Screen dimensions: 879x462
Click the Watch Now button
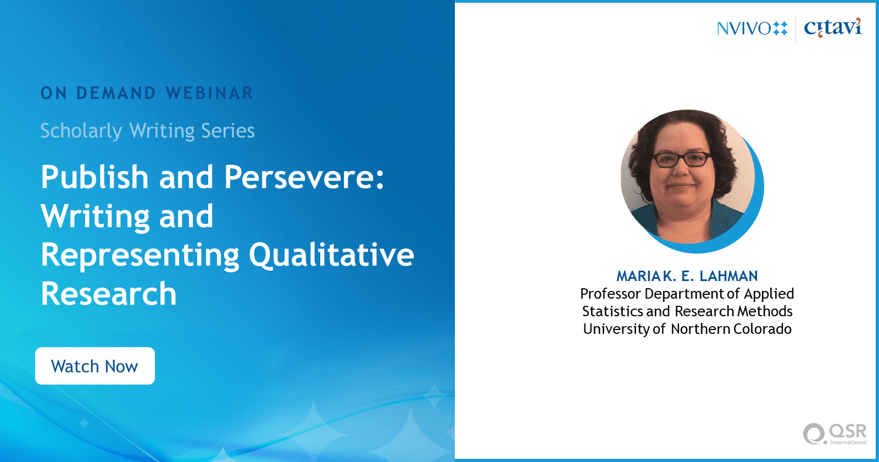[95, 366]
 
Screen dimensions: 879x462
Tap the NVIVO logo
[752, 28]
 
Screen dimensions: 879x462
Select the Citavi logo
[833, 28]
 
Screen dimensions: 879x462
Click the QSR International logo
[835, 434]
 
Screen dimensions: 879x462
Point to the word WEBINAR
[209, 93]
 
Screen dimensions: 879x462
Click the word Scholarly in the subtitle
[81, 131]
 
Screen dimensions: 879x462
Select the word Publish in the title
[94, 177]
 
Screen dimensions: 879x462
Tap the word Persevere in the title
[304, 177]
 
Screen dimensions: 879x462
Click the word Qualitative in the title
[332, 256]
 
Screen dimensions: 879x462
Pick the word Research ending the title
[109, 294]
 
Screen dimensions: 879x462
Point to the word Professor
[610, 294]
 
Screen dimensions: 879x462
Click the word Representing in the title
[140, 256]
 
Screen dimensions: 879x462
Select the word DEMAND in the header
[116, 93]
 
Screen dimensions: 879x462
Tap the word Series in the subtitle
[227, 131]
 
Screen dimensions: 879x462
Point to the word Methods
[765, 311]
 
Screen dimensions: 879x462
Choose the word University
[616, 329]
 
